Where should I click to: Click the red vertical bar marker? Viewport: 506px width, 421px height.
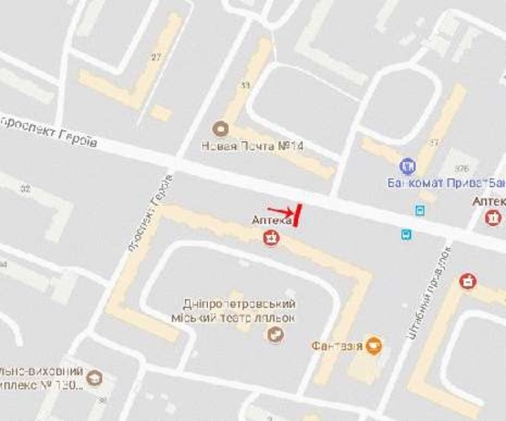click(298, 215)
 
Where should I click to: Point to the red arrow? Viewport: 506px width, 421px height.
click(281, 211)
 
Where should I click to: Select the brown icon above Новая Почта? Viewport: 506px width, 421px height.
click(219, 128)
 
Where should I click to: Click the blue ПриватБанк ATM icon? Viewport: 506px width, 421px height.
click(408, 167)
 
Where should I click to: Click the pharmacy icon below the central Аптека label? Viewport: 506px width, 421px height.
click(272, 239)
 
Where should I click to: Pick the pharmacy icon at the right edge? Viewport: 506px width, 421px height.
click(493, 218)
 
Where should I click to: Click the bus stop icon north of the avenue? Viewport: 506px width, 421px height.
click(419, 210)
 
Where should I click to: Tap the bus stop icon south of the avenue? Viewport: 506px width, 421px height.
click(405, 233)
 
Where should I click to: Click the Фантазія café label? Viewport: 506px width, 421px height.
click(336, 346)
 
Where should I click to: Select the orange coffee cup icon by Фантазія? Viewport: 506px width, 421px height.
click(374, 345)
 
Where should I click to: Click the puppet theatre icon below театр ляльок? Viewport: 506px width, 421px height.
click(274, 334)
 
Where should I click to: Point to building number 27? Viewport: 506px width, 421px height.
click(156, 56)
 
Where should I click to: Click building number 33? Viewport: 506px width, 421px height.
click(244, 86)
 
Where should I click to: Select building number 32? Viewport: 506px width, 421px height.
click(25, 189)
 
